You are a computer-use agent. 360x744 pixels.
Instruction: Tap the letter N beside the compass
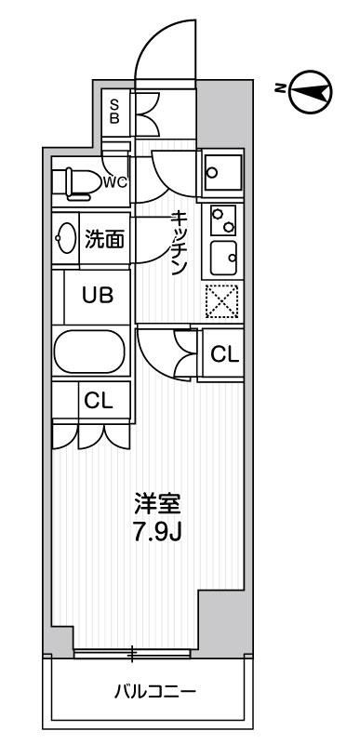280,88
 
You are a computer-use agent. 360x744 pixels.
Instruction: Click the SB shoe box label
115,111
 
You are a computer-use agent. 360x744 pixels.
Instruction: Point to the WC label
115,181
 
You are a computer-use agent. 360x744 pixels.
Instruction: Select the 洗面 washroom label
104,240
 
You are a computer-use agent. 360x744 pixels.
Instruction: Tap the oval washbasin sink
66,239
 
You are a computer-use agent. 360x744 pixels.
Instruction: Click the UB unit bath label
97,296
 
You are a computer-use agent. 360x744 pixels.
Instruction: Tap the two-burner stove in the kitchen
221,220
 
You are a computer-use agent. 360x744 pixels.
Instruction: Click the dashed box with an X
221,300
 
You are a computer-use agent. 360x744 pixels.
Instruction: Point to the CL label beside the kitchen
224,353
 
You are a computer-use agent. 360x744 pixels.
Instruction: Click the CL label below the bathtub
98,401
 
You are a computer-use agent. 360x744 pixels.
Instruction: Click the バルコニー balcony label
148,692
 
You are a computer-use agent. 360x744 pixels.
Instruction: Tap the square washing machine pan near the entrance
222,171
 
